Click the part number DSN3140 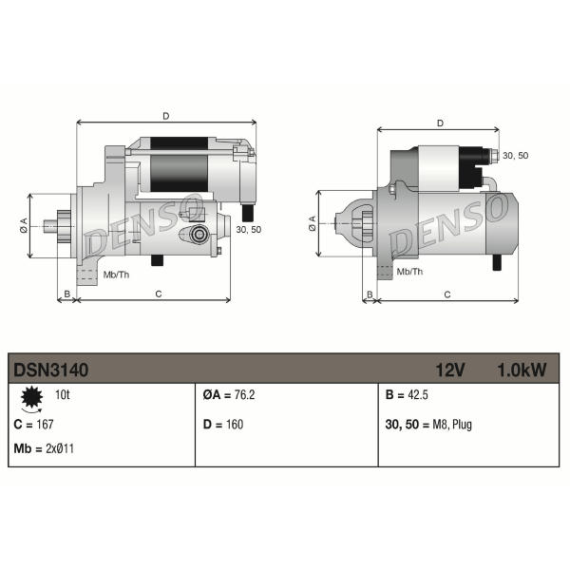click(51, 370)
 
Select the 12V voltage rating click(450, 370)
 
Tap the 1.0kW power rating click(522, 370)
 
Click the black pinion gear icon click(32, 397)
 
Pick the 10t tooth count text click(62, 395)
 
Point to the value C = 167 click(33, 425)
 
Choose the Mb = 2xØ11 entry click(44, 448)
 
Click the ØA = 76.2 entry click(229, 395)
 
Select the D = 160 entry click(223, 425)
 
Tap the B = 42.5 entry click(407, 395)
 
